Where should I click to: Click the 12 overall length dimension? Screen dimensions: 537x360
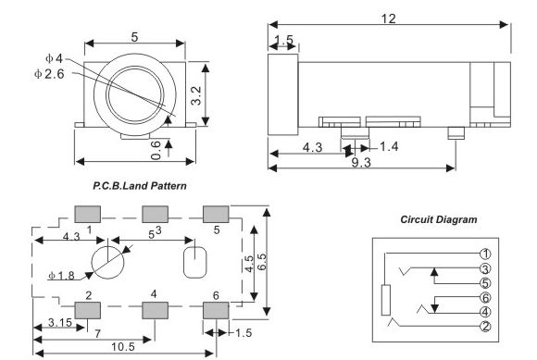[x=388, y=19]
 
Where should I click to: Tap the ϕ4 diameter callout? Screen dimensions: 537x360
[x=54, y=58]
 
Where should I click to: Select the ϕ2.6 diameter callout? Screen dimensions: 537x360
[x=49, y=74]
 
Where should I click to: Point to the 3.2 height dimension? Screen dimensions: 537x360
[x=196, y=95]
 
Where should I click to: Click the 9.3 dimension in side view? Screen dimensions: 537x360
[x=361, y=163]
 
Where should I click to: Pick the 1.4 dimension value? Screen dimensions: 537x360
[x=389, y=146]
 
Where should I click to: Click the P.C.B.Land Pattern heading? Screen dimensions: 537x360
[x=140, y=186]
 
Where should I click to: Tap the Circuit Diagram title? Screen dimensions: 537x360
[x=439, y=219]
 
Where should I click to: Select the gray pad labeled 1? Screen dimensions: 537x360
[x=88, y=214]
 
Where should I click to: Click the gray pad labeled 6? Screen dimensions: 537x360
[x=216, y=310]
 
